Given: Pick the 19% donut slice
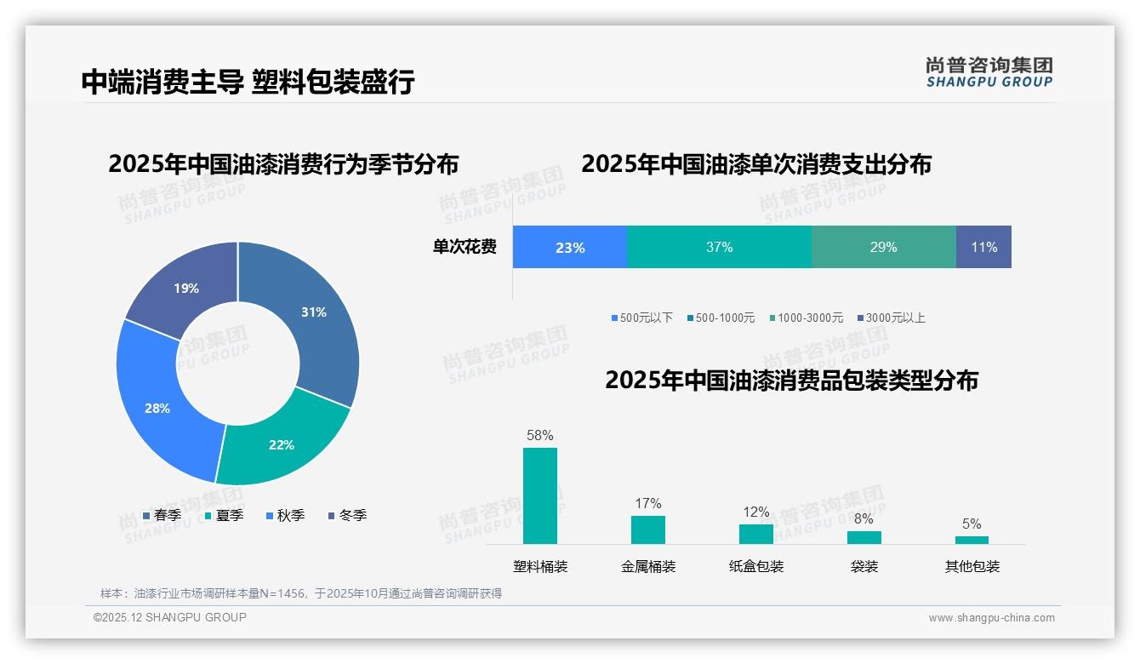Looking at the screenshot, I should [183, 285].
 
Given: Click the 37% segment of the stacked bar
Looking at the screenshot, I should [719, 247].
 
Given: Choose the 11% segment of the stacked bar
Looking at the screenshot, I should [983, 247].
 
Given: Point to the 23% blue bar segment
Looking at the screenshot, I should [570, 247].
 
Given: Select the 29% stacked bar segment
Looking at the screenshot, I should [883, 247].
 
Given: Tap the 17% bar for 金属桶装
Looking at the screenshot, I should [648, 529].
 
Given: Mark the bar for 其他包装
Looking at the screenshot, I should [972, 540].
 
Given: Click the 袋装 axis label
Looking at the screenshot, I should [864, 566].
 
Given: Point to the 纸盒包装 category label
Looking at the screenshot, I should [756, 566].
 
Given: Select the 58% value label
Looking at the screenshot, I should [540, 435].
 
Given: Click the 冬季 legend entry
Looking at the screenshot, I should [348, 515].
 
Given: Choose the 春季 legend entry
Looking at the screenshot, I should [162, 515].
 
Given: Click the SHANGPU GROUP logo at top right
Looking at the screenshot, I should [989, 72].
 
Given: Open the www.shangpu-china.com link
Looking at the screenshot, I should [991, 617].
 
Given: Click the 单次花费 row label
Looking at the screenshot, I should [465, 247].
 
